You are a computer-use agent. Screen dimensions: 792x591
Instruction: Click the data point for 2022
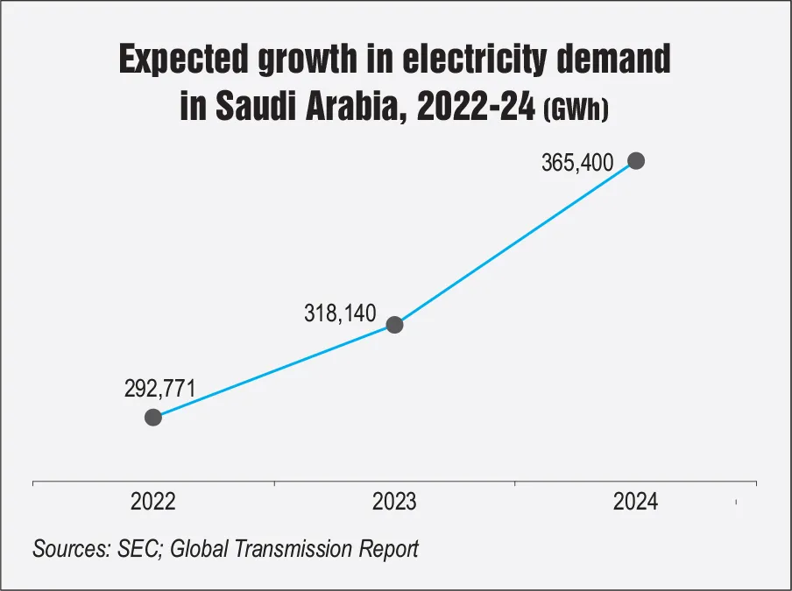[153, 418]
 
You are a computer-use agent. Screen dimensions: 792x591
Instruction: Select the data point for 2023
[394, 325]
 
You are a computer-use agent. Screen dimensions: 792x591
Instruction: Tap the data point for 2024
[636, 161]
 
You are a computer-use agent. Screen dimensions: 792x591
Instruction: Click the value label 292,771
[159, 389]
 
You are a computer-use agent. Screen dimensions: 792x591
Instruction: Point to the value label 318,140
[340, 313]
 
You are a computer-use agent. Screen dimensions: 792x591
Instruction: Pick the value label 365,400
[577, 163]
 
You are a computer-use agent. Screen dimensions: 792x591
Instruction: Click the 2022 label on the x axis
[153, 502]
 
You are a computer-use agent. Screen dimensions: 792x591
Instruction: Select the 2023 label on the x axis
[394, 502]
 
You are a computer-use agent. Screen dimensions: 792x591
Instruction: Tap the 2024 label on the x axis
[635, 502]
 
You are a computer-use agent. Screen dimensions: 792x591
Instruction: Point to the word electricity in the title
[474, 59]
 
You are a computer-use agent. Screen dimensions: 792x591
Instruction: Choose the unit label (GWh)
[576, 109]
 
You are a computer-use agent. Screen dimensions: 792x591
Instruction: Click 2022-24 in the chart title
[476, 106]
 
